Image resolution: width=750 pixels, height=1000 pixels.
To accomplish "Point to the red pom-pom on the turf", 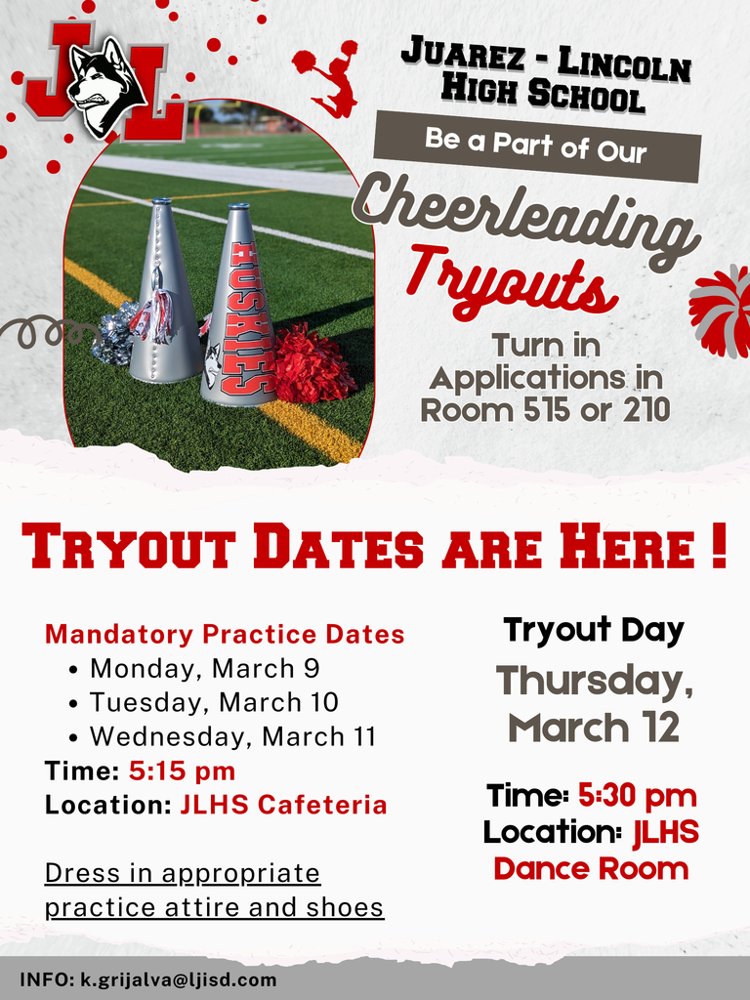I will (311, 363).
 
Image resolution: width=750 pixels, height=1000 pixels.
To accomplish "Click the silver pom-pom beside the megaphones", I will (115, 332).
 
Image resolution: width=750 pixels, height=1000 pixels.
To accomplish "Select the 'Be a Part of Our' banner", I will (537, 146).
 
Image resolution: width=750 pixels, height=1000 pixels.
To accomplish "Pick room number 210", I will (641, 409).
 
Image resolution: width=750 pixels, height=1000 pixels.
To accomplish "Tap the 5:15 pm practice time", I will (182, 771).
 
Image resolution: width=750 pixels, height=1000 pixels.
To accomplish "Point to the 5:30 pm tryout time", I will (637, 796).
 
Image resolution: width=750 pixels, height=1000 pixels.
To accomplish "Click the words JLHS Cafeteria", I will (283, 805).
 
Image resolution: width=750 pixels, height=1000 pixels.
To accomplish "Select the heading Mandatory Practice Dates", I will (225, 634).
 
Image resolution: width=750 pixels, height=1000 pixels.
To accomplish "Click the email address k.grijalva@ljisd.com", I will (178, 979).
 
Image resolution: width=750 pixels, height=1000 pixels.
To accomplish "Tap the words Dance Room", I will (591, 868).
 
